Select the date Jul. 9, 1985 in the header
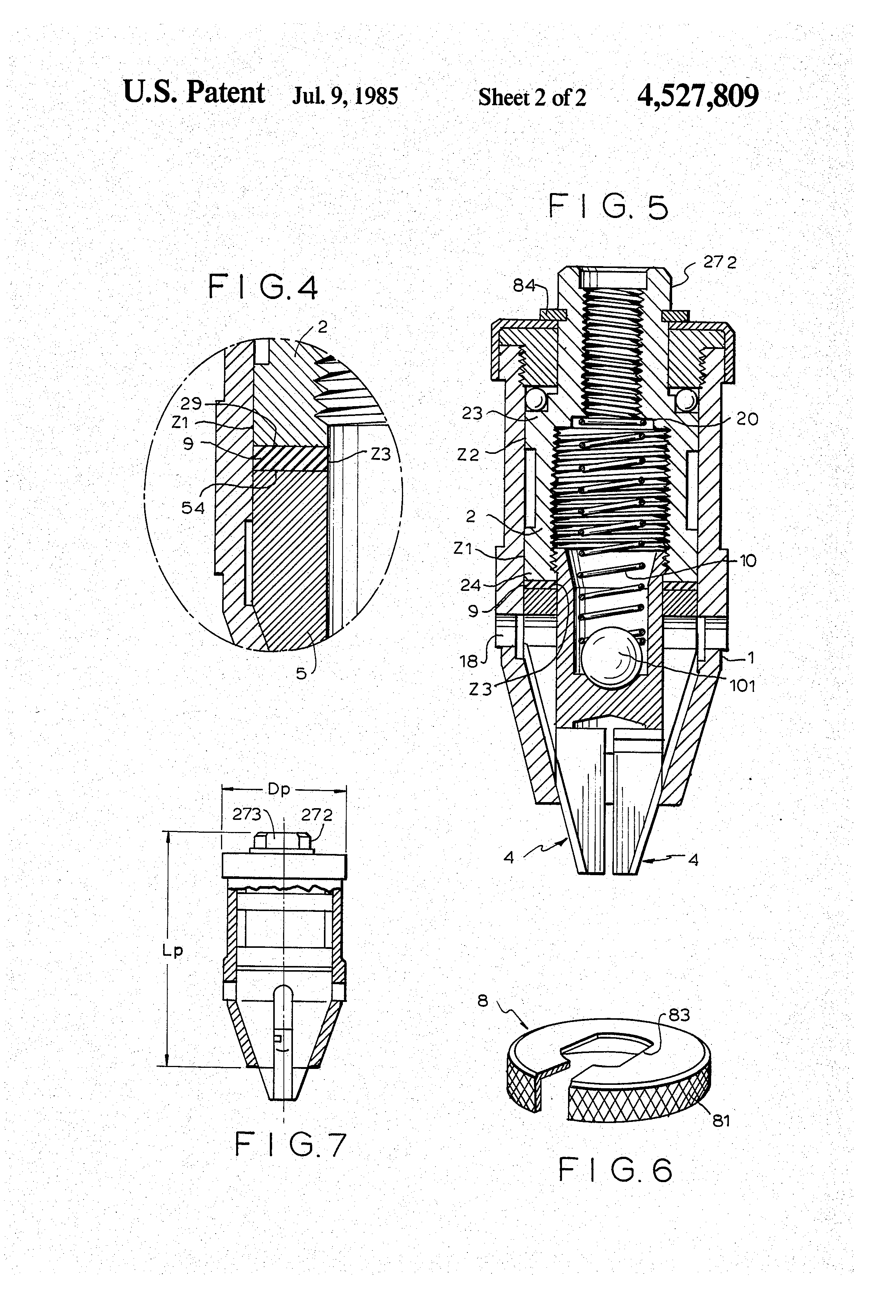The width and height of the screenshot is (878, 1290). click(x=345, y=96)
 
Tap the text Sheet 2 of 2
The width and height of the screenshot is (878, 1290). click(x=532, y=98)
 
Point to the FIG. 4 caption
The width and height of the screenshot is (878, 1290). click(x=263, y=288)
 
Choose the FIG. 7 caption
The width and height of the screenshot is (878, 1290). click(x=291, y=1145)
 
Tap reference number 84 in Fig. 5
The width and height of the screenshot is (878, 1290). click(x=523, y=286)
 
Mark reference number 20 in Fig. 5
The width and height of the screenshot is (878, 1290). click(x=747, y=419)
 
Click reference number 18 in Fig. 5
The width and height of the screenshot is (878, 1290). click(x=469, y=661)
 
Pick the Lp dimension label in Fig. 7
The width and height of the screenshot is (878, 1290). click(x=173, y=950)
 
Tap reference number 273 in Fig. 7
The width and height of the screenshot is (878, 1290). click(x=246, y=814)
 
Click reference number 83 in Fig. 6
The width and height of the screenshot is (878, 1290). click(x=679, y=1015)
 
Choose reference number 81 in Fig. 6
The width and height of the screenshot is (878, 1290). click(x=721, y=1121)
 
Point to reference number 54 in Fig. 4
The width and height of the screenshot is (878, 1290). click(x=193, y=507)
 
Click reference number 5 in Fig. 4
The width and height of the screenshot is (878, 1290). click(x=301, y=673)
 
